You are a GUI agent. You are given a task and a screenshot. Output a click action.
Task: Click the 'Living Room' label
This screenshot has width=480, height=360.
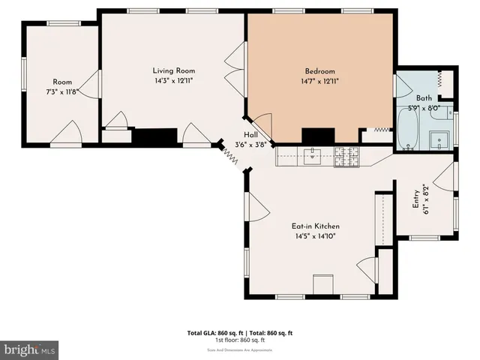169,70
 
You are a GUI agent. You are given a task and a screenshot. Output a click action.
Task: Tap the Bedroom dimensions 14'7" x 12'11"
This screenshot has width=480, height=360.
319,81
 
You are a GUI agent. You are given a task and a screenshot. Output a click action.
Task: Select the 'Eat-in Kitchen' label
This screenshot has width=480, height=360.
316,226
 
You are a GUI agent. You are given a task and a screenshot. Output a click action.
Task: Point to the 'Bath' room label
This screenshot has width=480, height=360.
424,97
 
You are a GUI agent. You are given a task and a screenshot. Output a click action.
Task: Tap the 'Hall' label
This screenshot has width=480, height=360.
250,135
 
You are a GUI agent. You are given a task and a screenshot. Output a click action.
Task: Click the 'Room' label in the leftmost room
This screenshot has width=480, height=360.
61,82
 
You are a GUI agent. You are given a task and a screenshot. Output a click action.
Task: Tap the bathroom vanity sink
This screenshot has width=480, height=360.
438,138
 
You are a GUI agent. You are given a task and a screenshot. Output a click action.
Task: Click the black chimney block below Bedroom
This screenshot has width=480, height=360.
318,135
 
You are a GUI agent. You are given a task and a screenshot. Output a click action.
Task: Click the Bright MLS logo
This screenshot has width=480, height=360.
29,349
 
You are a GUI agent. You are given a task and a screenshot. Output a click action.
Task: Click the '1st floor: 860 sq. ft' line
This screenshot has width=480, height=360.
239,340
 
